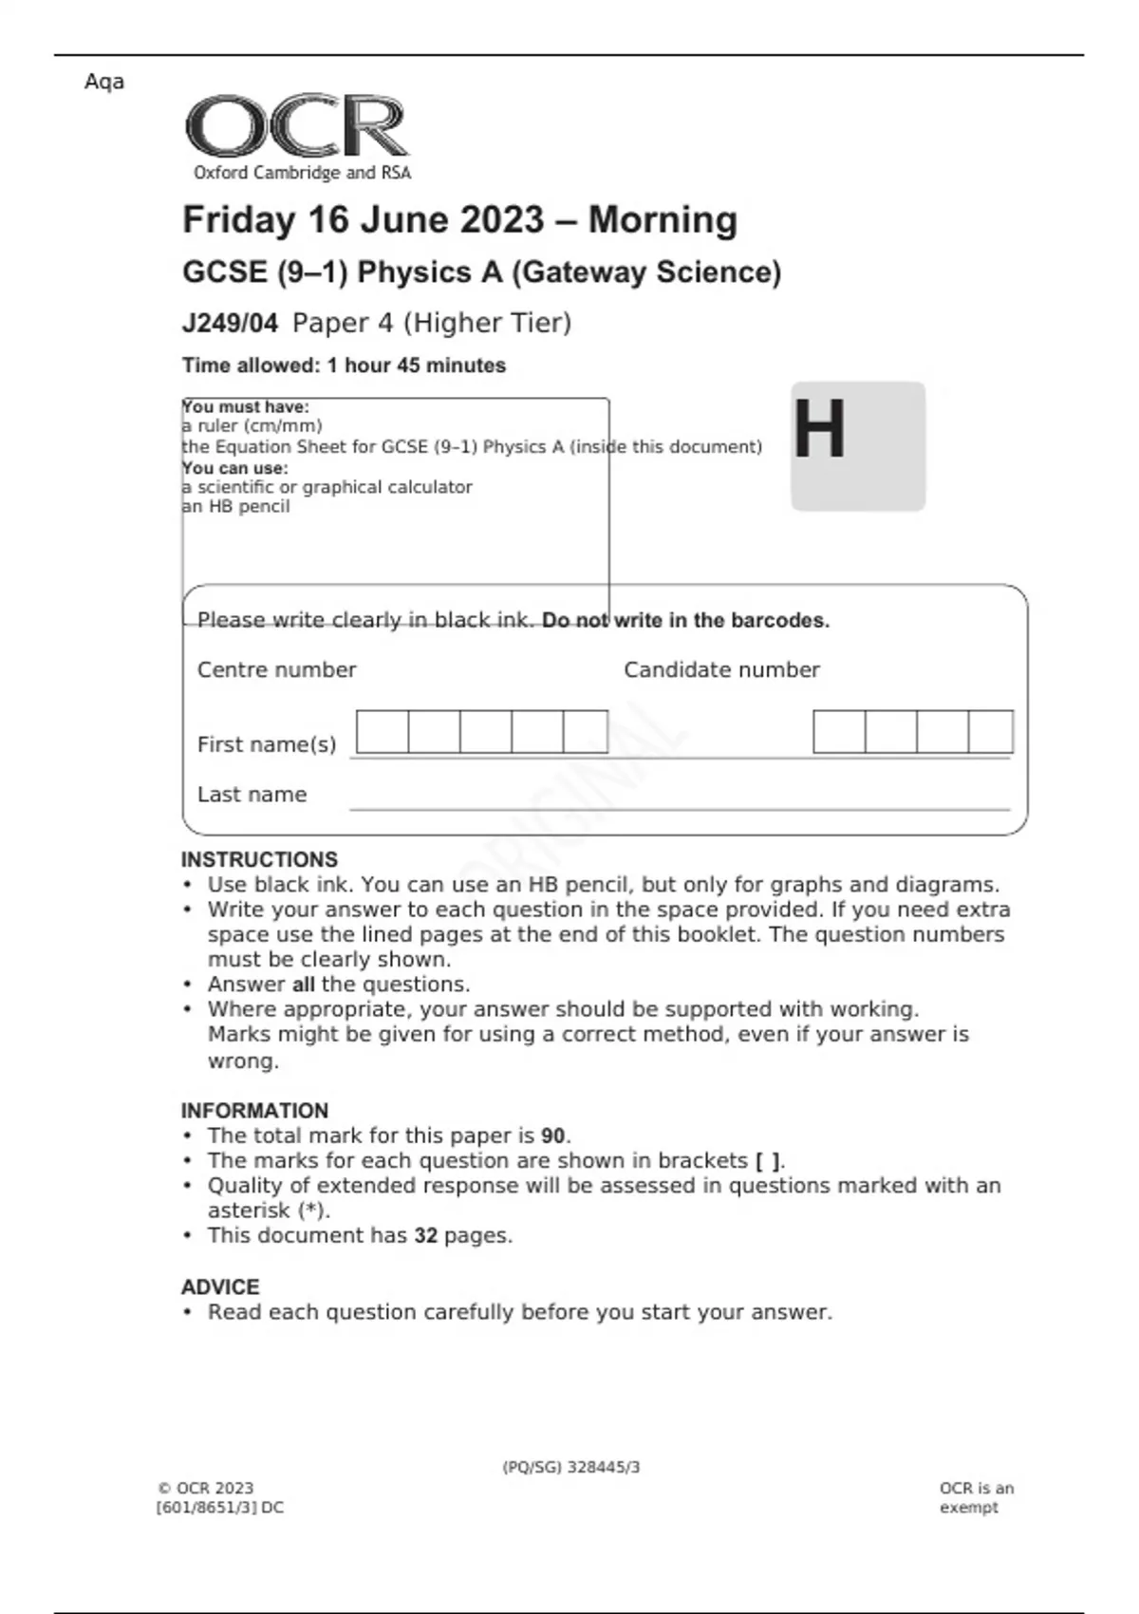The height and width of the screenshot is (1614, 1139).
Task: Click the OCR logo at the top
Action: click(x=297, y=126)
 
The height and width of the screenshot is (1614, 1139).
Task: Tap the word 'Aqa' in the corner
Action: click(x=104, y=82)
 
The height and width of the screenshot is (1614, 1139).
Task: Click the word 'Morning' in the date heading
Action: click(x=663, y=220)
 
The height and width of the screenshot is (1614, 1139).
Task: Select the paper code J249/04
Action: click(x=230, y=324)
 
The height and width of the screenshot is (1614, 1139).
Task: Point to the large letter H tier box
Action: click(x=857, y=446)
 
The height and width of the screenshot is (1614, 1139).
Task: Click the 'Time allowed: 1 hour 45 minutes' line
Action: click(x=344, y=366)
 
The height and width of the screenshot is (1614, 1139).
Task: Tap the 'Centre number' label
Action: click(x=276, y=670)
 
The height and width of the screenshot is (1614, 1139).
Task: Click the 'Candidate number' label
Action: click(x=721, y=670)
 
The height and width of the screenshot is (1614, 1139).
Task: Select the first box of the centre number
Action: click(x=383, y=732)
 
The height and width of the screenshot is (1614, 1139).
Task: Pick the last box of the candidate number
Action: click(x=990, y=732)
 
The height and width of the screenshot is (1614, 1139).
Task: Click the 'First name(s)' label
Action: click(x=267, y=744)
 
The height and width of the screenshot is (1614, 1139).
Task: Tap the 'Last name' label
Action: click(x=252, y=795)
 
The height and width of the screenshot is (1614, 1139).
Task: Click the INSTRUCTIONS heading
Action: click(x=259, y=859)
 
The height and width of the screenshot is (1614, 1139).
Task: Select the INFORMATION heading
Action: click(x=254, y=1111)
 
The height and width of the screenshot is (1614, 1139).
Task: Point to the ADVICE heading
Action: click(x=220, y=1287)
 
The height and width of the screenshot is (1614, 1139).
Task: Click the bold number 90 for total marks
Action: click(x=553, y=1136)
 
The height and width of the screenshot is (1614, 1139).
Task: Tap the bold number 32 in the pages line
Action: click(x=426, y=1236)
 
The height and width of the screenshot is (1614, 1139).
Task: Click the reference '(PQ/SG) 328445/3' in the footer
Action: click(x=571, y=1468)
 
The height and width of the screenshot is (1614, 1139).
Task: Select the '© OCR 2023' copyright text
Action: click(x=206, y=1489)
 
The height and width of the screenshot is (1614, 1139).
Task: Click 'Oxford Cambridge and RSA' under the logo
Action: click(x=303, y=173)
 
